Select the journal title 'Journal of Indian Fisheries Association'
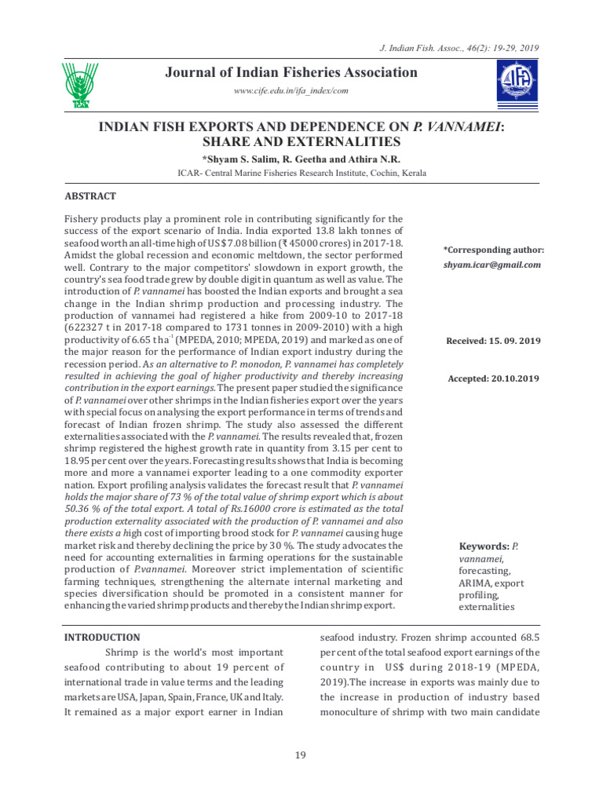tap(291, 73)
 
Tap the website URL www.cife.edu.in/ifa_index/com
tap(291, 91)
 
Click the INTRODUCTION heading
tap(101, 638)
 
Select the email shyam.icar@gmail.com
tap(492, 265)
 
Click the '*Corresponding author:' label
tap(493, 250)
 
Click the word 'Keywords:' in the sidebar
tap(484, 546)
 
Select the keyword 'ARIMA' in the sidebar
tap(475, 583)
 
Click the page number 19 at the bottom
tap(300, 755)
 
